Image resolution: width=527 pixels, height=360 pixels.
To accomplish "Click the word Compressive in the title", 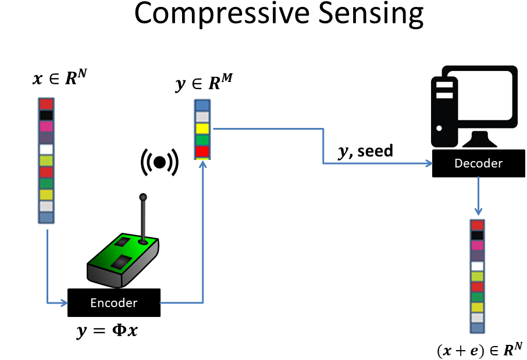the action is [x=222, y=13].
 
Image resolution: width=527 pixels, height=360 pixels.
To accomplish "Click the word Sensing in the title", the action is [x=371, y=14].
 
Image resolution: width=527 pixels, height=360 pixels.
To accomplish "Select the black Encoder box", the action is [x=114, y=302].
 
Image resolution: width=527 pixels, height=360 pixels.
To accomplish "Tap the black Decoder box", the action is [x=478, y=163].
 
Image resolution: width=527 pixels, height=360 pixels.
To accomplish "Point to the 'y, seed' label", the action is [x=365, y=151].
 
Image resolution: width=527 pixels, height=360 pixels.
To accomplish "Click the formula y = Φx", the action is [x=107, y=331].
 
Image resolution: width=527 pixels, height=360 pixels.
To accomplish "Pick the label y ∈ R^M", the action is [x=204, y=83].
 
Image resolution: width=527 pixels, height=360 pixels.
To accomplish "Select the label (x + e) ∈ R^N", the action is [x=480, y=350].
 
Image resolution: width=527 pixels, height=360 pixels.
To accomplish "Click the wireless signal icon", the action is [x=159, y=162].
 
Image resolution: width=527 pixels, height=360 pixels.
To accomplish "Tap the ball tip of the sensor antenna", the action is [x=143, y=197].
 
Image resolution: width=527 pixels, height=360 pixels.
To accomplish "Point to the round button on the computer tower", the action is [x=439, y=128].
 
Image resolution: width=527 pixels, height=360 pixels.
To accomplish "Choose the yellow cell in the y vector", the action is [x=202, y=129].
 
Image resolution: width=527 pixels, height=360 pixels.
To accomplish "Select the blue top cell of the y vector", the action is [x=202, y=105].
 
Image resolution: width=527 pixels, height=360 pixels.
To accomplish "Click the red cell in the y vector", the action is [x=202, y=151].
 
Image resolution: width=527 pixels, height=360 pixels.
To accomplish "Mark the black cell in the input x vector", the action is [x=47, y=115].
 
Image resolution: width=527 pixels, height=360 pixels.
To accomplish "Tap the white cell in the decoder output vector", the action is [x=477, y=266].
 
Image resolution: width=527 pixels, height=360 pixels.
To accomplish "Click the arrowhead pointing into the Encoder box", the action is [x=64, y=303].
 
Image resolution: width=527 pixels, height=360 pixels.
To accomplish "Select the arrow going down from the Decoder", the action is [x=478, y=197].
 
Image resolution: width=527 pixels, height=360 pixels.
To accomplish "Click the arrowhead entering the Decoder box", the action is [x=429, y=163].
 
